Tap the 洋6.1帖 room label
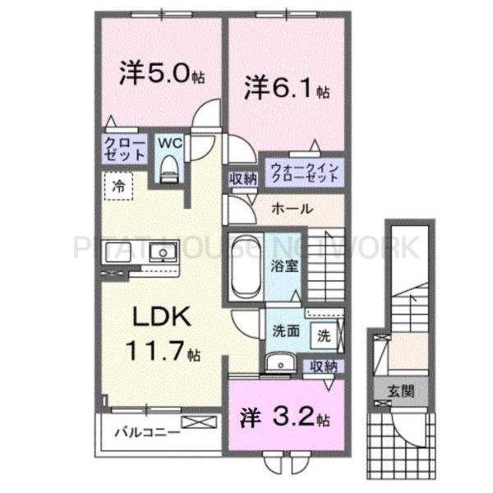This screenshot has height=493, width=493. [x=287, y=88]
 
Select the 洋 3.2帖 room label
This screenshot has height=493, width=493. [x=284, y=417]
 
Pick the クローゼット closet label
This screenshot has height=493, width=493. [x=125, y=149]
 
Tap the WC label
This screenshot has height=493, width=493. [x=169, y=141]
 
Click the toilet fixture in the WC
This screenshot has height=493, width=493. [x=169, y=168]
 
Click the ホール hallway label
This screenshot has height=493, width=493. [x=292, y=209]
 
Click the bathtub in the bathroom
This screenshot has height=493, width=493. [x=246, y=267]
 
